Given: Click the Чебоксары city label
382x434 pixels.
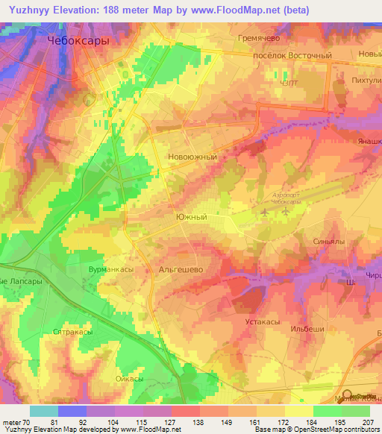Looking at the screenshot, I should pos(78,42).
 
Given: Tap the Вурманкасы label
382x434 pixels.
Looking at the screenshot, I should pos(112,265).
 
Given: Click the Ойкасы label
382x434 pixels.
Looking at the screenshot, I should pos(130,379).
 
